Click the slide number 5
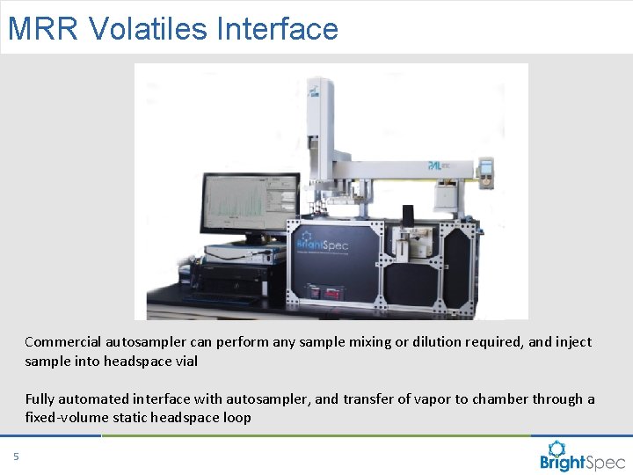point(15,456)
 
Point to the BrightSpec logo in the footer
point(582,456)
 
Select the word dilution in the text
point(418,341)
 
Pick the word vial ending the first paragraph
point(186,361)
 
